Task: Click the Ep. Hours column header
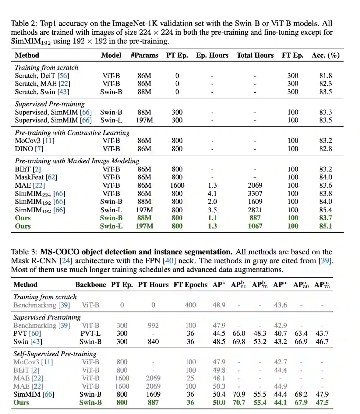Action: (x=212, y=55)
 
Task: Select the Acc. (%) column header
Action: (x=325, y=55)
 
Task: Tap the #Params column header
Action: (x=144, y=55)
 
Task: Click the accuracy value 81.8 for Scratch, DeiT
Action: (x=325, y=76)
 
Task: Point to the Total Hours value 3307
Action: (x=255, y=193)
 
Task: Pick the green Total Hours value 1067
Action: (x=255, y=226)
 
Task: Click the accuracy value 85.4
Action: (x=325, y=210)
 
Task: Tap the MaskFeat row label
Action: (x=29, y=177)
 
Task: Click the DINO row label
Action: (x=24, y=149)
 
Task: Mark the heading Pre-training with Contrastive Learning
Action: (x=72, y=133)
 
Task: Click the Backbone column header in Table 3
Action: (x=90, y=285)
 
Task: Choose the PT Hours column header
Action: (x=153, y=285)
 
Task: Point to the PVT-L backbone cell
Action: (x=90, y=333)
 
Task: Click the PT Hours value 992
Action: (x=153, y=325)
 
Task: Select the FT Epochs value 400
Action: (x=190, y=305)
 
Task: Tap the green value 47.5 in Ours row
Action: (x=322, y=402)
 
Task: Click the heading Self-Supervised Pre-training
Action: (x=55, y=354)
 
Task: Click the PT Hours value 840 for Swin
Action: (x=153, y=342)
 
